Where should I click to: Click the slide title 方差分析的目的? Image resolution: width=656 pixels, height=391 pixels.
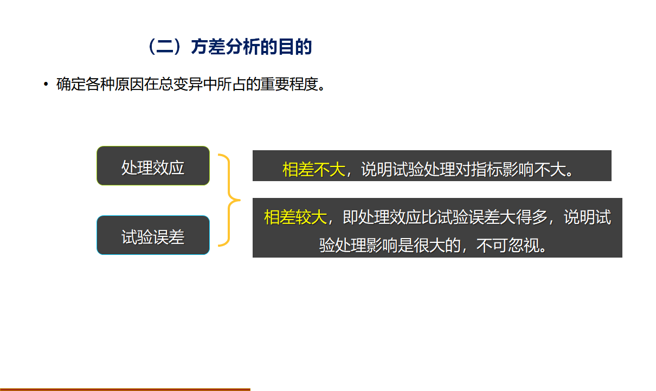pos(251,47)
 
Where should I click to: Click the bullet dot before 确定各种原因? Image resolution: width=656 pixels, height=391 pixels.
pos(46,85)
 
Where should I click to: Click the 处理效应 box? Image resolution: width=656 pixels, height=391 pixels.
pos(153,166)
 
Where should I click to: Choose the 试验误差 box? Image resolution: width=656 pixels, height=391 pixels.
pos(153,235)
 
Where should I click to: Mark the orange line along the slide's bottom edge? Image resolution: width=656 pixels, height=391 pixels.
pos(125,389)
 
